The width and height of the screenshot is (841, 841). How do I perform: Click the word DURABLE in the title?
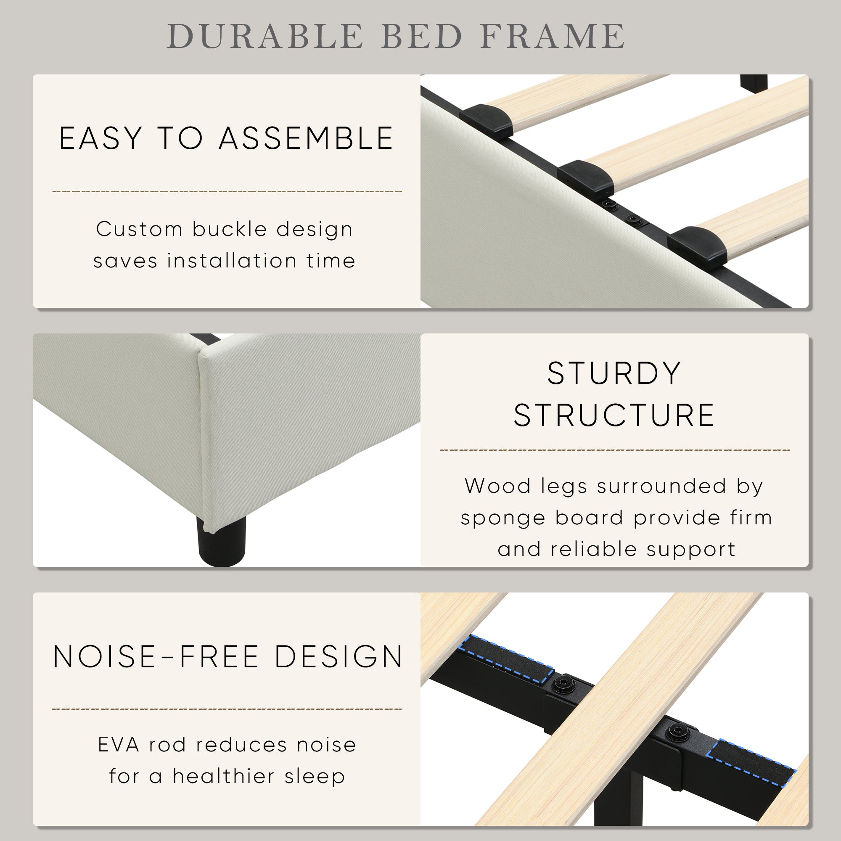pyautogui.click(x=264, y=36)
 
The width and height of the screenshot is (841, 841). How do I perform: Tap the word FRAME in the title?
pyautogui.click(x=553, y=36)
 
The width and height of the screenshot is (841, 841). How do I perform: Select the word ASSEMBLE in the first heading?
pyautogui.click(x=306, y=139)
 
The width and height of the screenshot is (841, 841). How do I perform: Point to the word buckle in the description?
pyautogui.click(x=230, y=230)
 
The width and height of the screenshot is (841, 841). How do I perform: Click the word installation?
pyautogui.click(x=232, y=261)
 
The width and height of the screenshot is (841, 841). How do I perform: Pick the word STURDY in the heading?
pyautogui.click(x=614, y=373)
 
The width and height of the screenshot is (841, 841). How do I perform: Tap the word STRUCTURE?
pyautogui.click(x=614, y=415)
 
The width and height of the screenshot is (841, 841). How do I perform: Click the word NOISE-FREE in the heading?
pyautogui.click(x=157, y=657)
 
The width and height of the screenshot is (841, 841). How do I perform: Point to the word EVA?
pyautogui.click(x=119, y=745)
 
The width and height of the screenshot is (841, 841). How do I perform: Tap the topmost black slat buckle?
pyautogui.click(x=486, y=118)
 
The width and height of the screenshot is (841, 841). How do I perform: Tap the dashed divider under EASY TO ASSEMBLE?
pyautogui.click(x=227, y=191)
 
